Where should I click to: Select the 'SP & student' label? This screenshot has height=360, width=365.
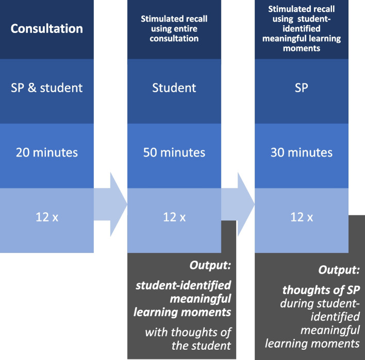click(46, 88)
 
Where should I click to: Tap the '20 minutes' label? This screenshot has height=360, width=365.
click(46, 152)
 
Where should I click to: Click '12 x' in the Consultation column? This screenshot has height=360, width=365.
click(46, 217)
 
